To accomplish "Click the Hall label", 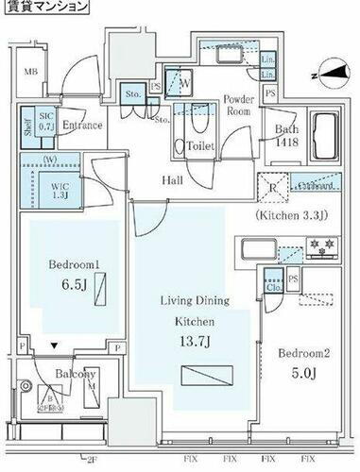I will [x=171, y=179].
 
